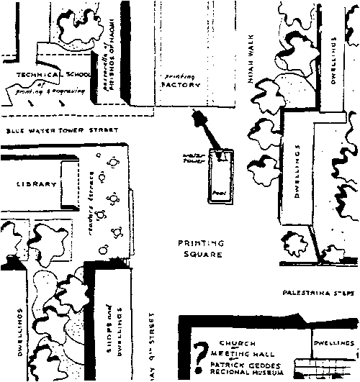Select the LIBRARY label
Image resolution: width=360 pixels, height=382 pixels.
36,184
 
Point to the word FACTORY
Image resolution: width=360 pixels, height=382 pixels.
176,84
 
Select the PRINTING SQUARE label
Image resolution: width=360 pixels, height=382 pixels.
199,248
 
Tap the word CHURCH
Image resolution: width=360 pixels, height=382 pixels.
238,343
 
